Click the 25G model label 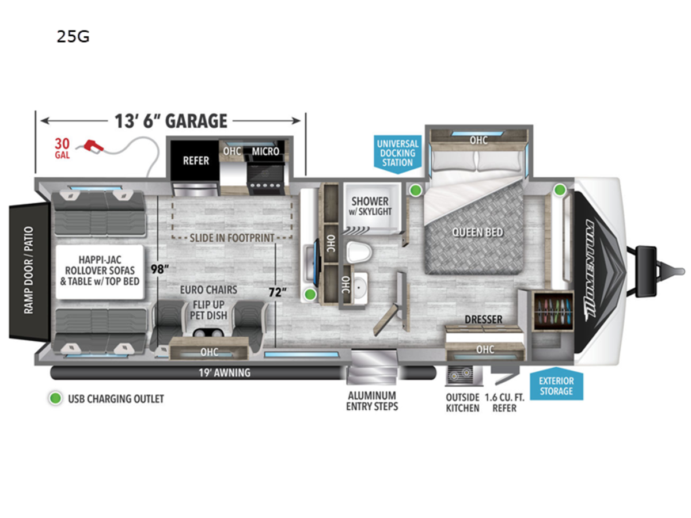pos(73,36)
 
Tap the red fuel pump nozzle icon pos(93,146)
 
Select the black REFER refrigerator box pos(195,161)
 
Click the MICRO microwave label pos(265,151)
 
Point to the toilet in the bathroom pos(359,252)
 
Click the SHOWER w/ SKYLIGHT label pos(370,206)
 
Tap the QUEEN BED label pos(477,233)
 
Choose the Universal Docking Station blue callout pos(397,154)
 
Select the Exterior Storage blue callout pos(556,384)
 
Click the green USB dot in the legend pos(55,398)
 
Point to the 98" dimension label pos(160,269)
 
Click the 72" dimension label pos(278,292)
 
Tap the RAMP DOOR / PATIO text pos(29,270)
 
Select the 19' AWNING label pos(225,373)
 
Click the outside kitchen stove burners pos(461,375)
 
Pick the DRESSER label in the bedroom pos(484,319)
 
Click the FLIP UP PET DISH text pos(208,310)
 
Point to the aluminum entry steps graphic pos(372,367)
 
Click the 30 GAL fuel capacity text pos(62,148)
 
